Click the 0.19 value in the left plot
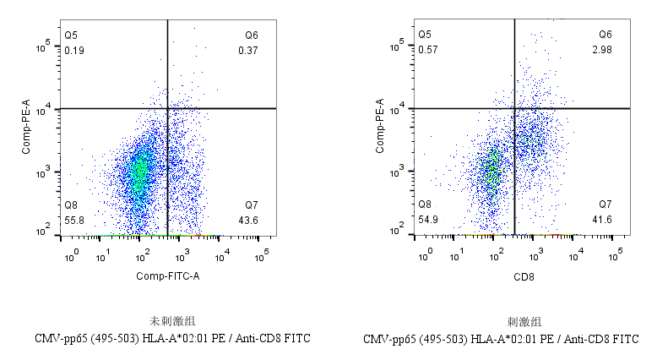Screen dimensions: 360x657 (x=73, y=50)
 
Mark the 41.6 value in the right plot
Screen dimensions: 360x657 (x=602, y=220)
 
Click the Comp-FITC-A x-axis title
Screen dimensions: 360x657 (x=168, y=275)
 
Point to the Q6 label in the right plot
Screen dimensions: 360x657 (x=605, y=35)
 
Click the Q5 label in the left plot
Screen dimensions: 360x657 (x=71, y=35)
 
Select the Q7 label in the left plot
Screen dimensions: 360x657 (x=252, y=205)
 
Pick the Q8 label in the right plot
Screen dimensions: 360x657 (x=426, y=205)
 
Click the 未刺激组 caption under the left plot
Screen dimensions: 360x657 (x=166, y=322)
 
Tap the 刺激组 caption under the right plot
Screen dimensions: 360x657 (x=524, y=322)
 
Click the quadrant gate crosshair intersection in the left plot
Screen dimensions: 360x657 (x=167, y=108)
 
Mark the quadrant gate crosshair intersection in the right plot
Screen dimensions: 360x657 (x=514, y=108)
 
